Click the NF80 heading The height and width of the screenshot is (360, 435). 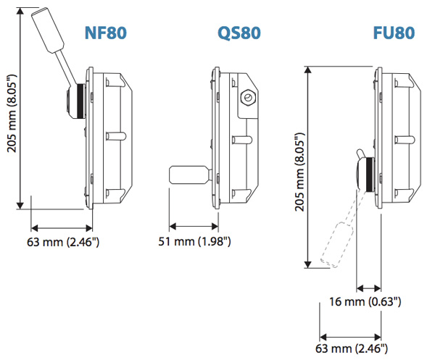click(x=110, y=33)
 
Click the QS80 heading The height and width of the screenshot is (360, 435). click(x=239, y=33)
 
